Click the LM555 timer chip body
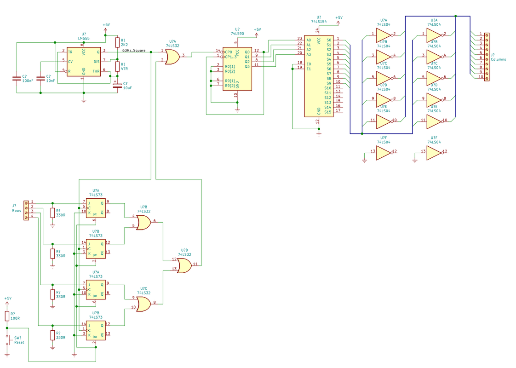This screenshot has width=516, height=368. coord(84,62)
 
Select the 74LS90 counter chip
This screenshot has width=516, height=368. coord(237,69)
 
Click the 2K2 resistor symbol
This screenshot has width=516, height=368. coord(117,43)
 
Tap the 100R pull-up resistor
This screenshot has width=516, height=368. coord(7,316)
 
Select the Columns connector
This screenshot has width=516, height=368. coord(487,57)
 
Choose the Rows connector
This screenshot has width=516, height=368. coord(26,210)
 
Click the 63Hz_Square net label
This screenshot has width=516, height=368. coord(134,51)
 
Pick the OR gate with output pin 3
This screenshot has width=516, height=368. coord(172,56)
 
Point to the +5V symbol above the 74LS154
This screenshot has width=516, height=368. coord(338,19)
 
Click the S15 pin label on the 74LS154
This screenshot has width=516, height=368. coord(327,112)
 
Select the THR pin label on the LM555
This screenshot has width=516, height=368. coord(96,71)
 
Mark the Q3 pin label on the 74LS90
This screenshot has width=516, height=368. coord(247,66)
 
